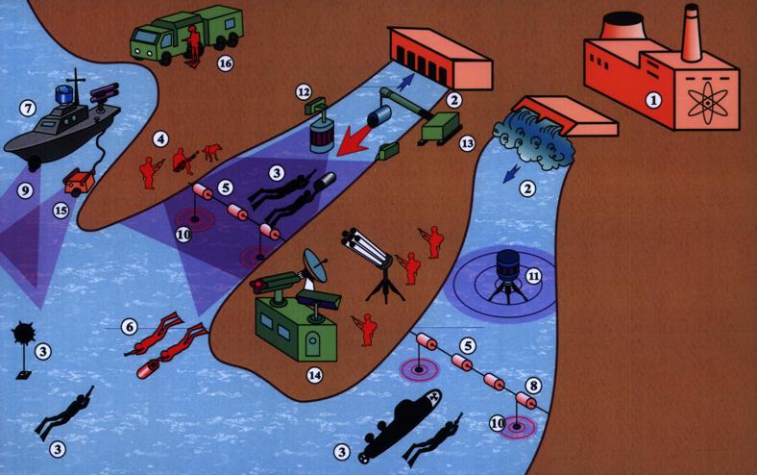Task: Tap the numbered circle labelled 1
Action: [653, 100]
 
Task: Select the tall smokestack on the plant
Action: [692, 33]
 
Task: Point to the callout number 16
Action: [225, 62]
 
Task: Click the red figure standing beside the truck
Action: [193, 46]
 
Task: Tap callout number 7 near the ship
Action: [28, 109]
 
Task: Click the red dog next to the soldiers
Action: [211, 152]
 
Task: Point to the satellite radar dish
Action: [314, 265]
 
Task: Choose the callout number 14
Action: [315, 375]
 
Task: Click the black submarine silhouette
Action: [399, 425]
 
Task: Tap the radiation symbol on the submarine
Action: [428, 398]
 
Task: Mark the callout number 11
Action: [533, 276]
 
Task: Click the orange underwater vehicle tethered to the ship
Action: [79, 181]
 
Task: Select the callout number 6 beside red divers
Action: [129, 327]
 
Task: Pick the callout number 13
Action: [467, 143]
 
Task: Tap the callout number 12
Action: [304, 91]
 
